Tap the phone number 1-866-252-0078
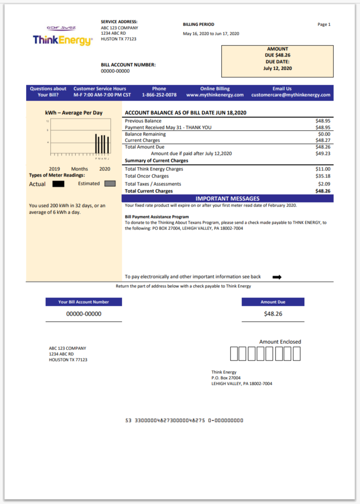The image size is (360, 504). (x=159, y=95)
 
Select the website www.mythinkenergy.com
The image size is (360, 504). (x=215, y=95)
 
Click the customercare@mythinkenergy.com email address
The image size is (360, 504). (x=291, y=95)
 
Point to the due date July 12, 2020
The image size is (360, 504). (x=277, y=68)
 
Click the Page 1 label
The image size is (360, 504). (x=324, y=25)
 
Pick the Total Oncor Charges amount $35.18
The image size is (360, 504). (x=323, y=176)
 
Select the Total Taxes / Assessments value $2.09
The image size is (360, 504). (x=325, y=184)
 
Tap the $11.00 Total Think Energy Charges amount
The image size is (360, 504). (x=323, y=169)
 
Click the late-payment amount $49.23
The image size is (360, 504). (x=323, y=154)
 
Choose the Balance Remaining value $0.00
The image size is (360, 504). (x=325, y=134)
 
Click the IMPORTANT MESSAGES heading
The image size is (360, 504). (x=227, y=199)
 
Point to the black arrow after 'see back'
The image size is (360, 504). (x=277, y=277)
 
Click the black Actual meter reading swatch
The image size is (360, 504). (x=58, y=184)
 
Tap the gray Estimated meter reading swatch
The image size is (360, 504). (x=110, y=184)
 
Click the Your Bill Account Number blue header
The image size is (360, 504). (x=83, y=302)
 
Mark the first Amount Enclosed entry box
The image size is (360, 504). (x=234, y=354)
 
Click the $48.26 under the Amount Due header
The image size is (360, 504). (x=273, y=314)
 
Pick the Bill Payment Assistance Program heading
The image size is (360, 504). (x=157, y=217)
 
